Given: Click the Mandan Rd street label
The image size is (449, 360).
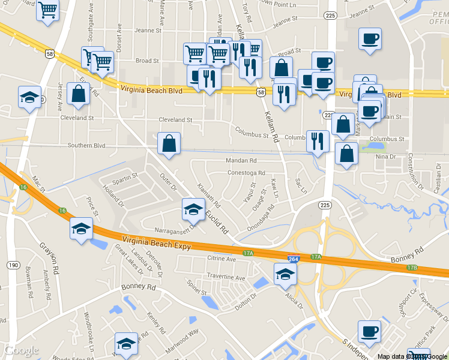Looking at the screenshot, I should click(241, 161).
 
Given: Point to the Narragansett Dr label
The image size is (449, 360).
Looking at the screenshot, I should click(176, 228).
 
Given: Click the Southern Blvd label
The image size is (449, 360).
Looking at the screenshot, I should click(86, 145).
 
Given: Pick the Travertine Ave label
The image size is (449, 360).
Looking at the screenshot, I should click(226, 278).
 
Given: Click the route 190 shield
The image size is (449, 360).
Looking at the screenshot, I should click(13, 265).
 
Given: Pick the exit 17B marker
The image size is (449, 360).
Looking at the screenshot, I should click(412, 268).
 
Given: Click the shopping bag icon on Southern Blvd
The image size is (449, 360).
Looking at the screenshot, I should click(169, 143).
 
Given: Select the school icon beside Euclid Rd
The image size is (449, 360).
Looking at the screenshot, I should click(193, 209).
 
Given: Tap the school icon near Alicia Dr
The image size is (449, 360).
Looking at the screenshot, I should click(285, 275).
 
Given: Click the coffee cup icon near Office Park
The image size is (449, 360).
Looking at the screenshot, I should click(369, 331).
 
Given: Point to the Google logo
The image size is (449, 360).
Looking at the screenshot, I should click(22, 350).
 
